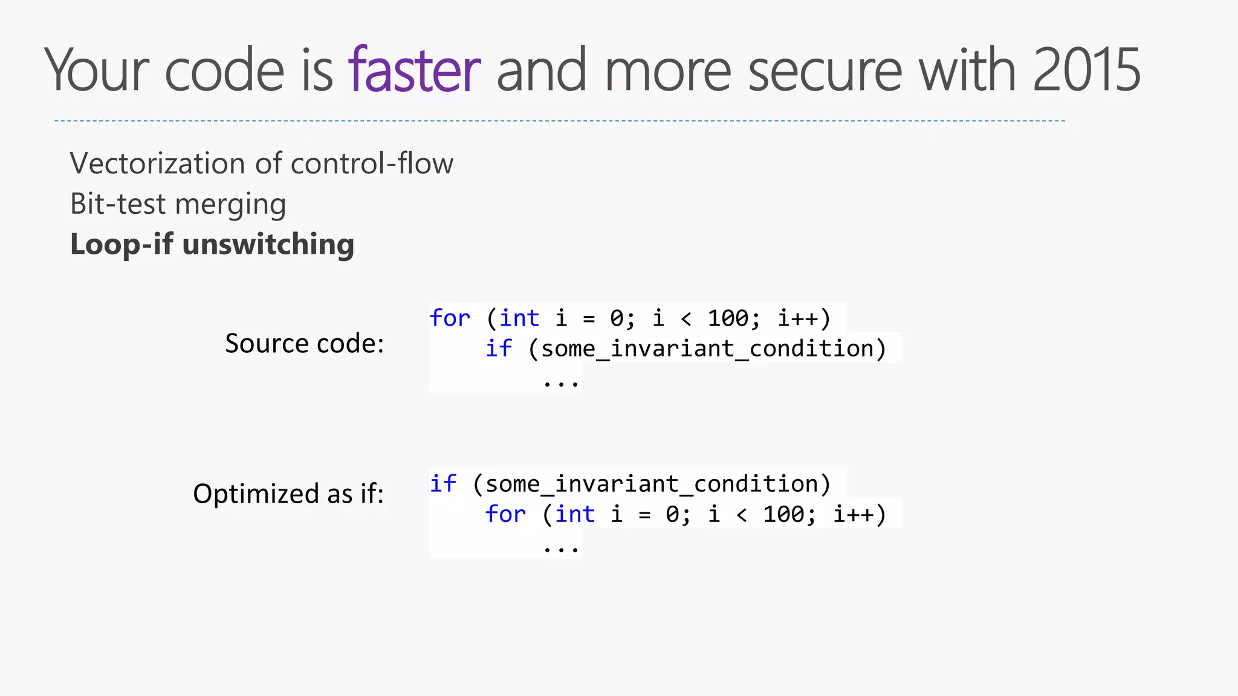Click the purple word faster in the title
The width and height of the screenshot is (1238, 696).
414,70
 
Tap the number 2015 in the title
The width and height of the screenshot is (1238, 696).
1086,70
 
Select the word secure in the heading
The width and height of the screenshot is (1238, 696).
825,71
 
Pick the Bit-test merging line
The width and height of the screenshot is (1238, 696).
178,204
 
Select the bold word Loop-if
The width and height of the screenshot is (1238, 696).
122,244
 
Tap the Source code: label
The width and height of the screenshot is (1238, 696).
304,343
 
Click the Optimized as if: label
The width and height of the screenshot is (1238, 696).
288,494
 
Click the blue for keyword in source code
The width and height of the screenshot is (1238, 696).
450,318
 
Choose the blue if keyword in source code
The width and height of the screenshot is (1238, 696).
499,349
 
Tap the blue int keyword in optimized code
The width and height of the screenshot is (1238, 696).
575,514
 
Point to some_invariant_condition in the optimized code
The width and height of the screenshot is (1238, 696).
651,484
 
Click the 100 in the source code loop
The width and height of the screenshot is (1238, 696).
728,318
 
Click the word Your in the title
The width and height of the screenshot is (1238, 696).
97,71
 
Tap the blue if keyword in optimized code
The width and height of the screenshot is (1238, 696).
443,484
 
